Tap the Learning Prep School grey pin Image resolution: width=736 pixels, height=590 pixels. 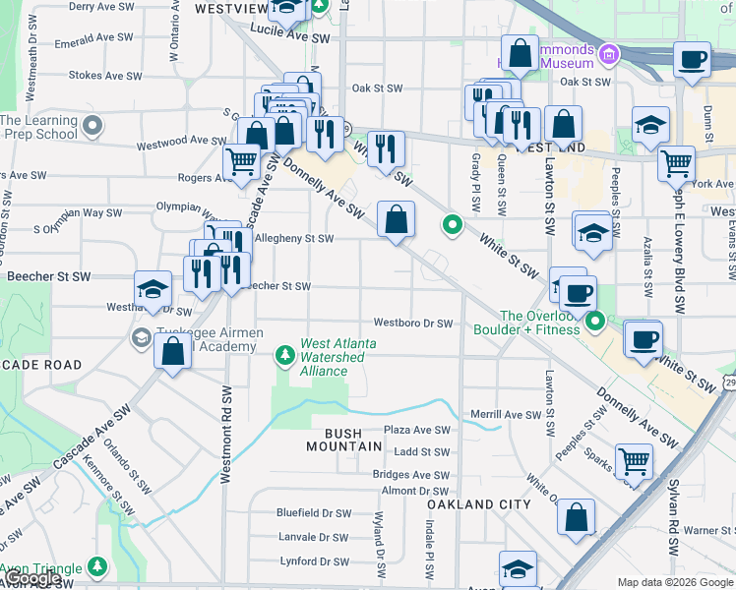(92, 126)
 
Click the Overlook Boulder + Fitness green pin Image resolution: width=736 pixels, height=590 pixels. (595, 322)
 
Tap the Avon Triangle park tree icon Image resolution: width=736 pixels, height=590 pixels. (96, 567)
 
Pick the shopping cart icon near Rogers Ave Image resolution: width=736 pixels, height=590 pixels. (241, 162)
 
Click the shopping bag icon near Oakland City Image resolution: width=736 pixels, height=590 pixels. (576, 517)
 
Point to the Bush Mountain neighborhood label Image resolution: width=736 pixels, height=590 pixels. (341, 440)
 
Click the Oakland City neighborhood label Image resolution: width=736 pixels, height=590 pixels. (478, 504)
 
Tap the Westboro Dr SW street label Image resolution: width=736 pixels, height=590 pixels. (412, 324)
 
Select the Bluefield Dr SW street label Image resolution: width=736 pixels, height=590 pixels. (313, 513)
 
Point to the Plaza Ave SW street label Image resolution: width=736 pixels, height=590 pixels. (416, 430)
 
